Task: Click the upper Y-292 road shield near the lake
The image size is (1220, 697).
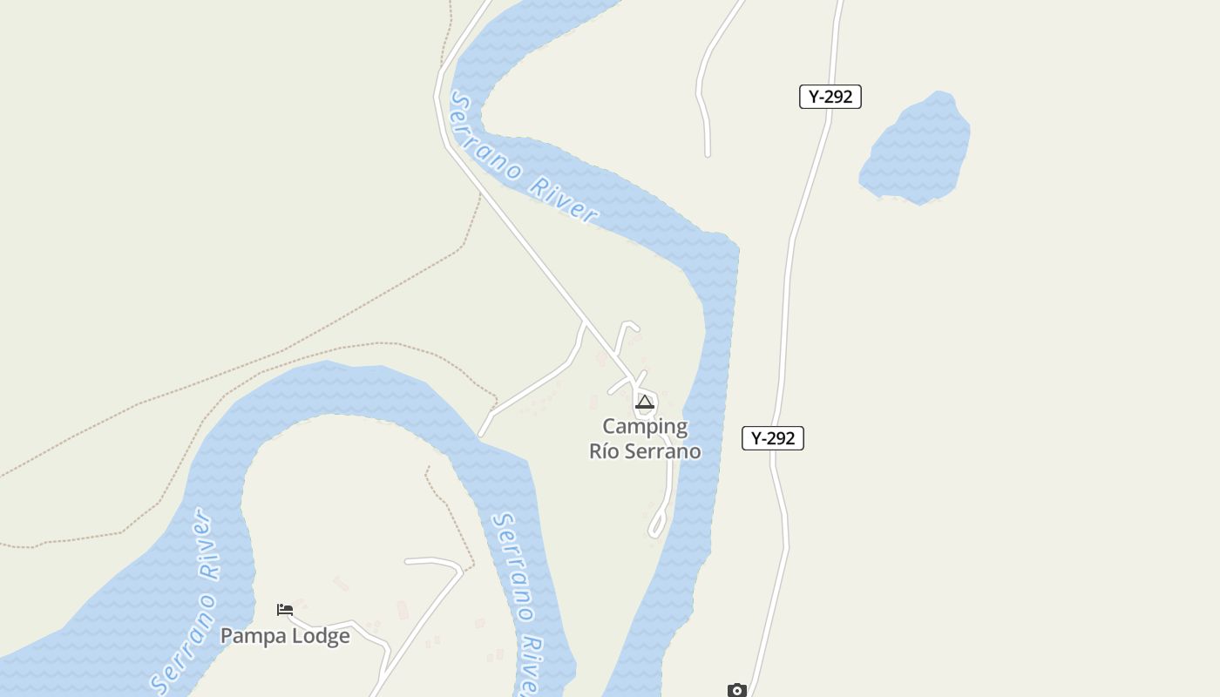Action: click(830, 97)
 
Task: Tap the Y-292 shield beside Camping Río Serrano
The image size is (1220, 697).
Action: click(772, 438)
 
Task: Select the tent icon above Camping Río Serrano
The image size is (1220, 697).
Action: click(645, 403)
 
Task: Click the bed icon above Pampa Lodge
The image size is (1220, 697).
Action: click(285, 610)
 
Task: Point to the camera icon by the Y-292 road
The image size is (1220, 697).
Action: click(737, 690)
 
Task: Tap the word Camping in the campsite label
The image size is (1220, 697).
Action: click(645, 427)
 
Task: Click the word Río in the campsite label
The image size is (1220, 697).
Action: click(604, 451)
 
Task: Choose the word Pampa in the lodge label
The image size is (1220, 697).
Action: click(252, 636)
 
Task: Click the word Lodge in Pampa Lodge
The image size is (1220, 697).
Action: click(320, 636)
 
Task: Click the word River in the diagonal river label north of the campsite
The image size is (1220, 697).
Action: click(564, 200)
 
